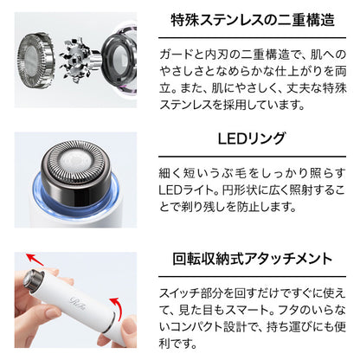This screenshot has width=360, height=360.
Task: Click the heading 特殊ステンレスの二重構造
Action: (253, 20)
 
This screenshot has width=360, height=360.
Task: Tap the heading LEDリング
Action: (252, 138)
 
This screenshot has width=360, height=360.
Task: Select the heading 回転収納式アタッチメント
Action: (253, 259)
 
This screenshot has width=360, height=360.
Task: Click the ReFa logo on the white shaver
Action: (75, 301)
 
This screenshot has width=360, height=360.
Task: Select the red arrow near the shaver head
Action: (34, 259)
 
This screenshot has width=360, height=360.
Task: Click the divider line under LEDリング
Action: (252, 157)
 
